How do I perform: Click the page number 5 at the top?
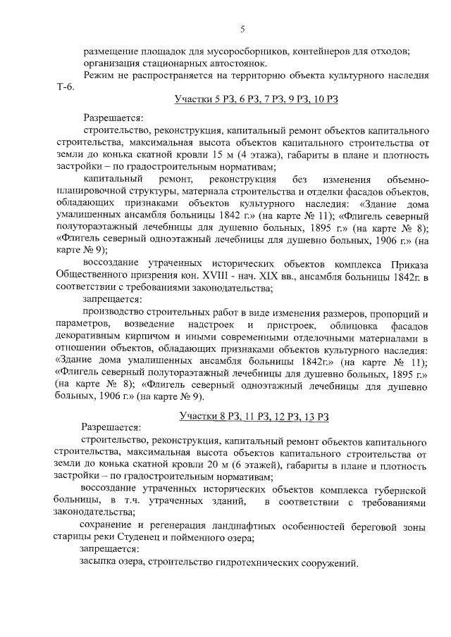pos(242,29)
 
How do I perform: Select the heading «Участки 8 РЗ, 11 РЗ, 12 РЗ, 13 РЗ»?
pos(254,417)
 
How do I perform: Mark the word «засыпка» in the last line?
pos(97,563)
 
